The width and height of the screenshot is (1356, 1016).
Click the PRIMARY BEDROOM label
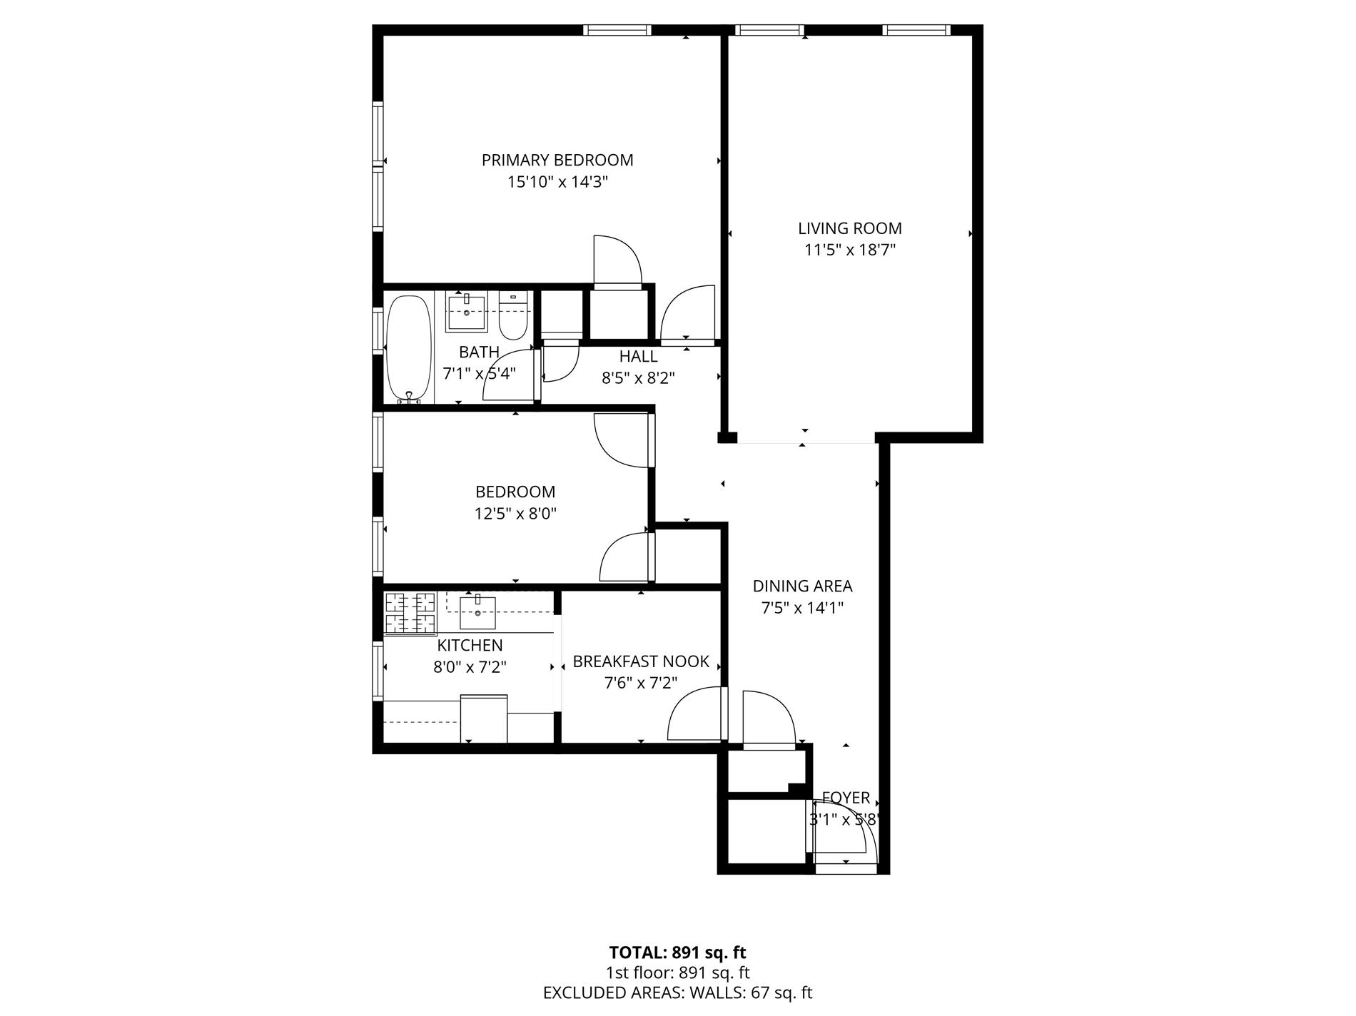pos(557,160)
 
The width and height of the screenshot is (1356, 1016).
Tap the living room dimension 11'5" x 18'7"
pos(849,250)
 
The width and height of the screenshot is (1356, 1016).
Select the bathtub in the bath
pos(409,350)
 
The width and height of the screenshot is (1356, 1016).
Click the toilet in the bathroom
pos(512,317)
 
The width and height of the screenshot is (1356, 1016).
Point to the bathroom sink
pos(467,313)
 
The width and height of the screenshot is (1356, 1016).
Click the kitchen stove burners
pos(410,613)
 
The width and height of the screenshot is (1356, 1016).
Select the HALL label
pos(638,356)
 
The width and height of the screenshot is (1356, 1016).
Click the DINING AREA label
pos(802,586)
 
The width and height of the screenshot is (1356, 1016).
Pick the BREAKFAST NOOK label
pos(641,661)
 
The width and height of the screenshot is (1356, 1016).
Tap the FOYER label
pos(846,798)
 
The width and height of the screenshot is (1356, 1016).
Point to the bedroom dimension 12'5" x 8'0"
pos(515,513)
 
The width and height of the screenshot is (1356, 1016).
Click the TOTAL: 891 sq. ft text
pos(677,952)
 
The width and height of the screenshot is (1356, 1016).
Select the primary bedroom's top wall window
pos(617,30)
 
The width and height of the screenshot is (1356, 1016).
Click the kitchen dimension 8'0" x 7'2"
pos(470,667)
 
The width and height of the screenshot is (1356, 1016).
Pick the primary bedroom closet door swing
pos(617,260)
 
